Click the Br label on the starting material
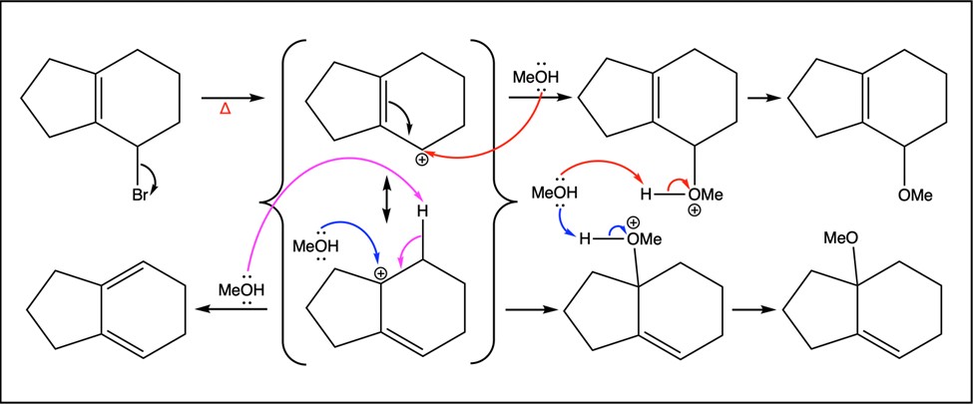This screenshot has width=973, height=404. tap(140, 195)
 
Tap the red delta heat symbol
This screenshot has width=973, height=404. tap(226, 112)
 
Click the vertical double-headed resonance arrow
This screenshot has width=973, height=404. tap(386, 200)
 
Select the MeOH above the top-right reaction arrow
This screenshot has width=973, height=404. tap(536, 78)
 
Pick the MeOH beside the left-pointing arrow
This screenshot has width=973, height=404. tap(242, 289)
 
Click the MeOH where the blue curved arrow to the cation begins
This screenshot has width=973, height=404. tap(315, 245)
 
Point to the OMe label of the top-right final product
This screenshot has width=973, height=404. tap(915, 195)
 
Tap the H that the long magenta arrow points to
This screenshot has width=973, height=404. tap(423, 211)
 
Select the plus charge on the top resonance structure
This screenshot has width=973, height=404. tap(422, 161)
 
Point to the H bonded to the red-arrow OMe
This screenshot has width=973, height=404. tap(647, 195)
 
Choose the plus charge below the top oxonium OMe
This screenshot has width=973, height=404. tap(695, 211)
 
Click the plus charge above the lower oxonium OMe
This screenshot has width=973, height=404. tap(635, 222)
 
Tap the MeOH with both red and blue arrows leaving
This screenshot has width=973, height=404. tap(554, 193)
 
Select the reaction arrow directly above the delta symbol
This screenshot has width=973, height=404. tap(233, 98)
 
